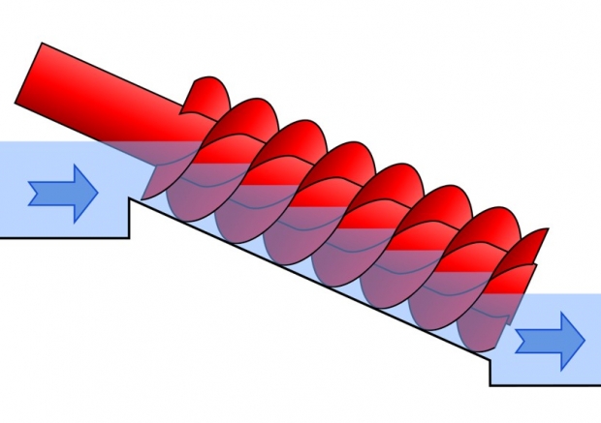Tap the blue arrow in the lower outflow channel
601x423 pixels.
click(550, 340)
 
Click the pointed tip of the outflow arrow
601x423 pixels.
click(585, 340)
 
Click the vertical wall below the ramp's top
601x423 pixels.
click(131, 219)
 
